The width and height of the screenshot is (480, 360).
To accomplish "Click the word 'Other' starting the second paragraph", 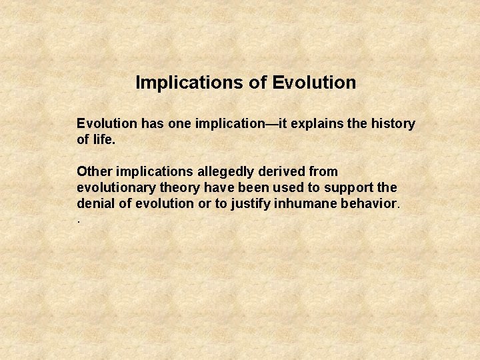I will (94, 172).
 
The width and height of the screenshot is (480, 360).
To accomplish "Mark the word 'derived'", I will (279, 172).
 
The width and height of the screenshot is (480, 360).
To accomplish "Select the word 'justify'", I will (254, 204).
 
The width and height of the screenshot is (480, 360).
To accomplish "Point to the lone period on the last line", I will (79, 219).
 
